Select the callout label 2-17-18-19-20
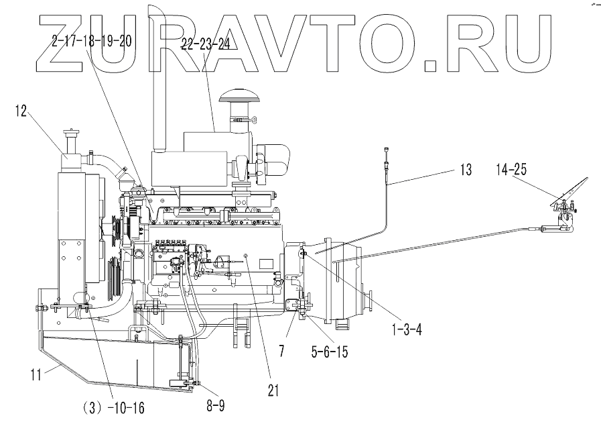pos(90,40)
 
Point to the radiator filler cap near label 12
pos(70,135)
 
